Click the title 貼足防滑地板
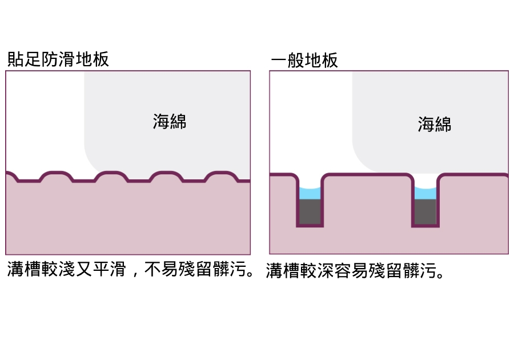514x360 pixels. click(x=58, y=59)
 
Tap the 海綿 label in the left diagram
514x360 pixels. click(x=170, y=121)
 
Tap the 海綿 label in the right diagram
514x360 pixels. click(x=435, y=124)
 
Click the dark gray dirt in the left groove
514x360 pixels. click(x=310, y=211)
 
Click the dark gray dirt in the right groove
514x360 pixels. click(x=425, y=211)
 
